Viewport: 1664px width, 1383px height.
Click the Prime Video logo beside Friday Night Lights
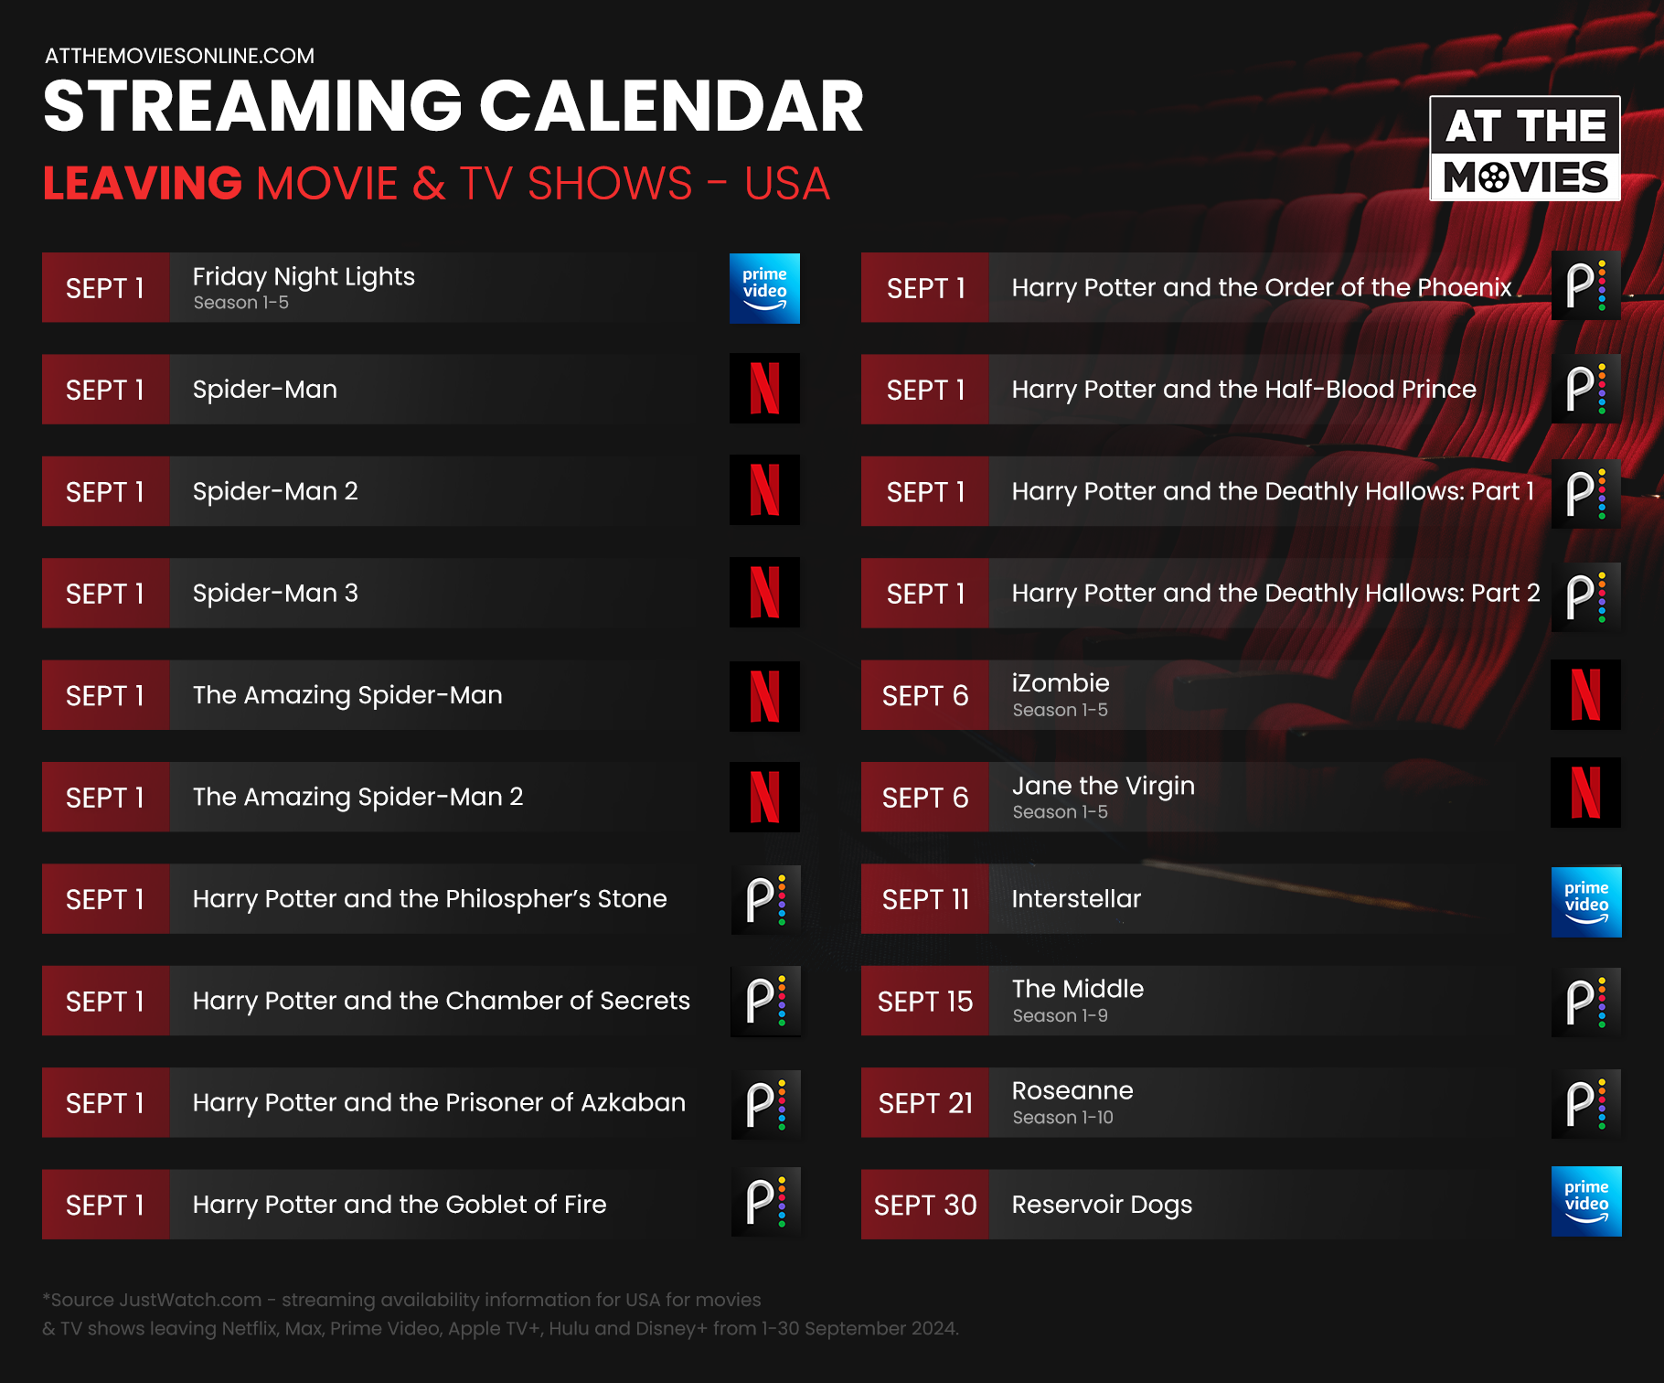pyautogui.click(x=764, y=288)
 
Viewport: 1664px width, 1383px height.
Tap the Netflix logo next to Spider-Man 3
pyautogui.click(x=764, y=592)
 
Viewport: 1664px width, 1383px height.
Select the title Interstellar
pyautogui.click(x=1076, y=898)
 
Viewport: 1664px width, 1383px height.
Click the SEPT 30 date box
pyautogui.click(x=925, y=1204)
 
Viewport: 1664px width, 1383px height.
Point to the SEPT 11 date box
pyautogui.click(x=925, y=898)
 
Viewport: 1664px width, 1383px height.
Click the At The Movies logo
pyautogui.click(x=1525, y=148)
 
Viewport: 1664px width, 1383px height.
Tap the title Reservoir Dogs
pyautogui.click(x=1102, y=1205)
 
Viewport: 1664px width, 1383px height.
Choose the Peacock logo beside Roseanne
pyautogui.click(x=1586, y=1104)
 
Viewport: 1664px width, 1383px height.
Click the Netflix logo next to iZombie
pyautogui.click(x=1586, y=694)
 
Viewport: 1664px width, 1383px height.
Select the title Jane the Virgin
pyautogui.click(x=1103, y=786)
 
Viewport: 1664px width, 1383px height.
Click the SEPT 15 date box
pyautogui.click(x=925, y=1001)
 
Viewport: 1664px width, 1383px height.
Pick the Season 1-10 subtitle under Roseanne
pyautogui.click(x=1062, y=1117)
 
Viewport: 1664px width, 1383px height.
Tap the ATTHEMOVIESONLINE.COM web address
pyautogui.click(x=179, y=56)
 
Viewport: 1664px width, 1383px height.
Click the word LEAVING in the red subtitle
pyautogui.click(x=143, y=183)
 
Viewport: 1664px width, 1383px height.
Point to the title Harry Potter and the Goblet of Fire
pyautogui.click(x=400, y=1205)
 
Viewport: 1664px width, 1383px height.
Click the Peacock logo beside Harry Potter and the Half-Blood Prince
pyautogui.click(x=1586, y=389)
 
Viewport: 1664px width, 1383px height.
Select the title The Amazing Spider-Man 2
pyautogui.click(x=357, y=797)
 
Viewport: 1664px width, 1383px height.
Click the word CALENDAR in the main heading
pyautogui.click(x=672, y=106)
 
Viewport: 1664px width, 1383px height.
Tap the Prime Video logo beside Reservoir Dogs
pyautogui.click(x=1586, y=1202)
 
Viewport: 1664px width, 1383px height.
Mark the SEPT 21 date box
pyautogui.click(x=925, y=1102)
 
